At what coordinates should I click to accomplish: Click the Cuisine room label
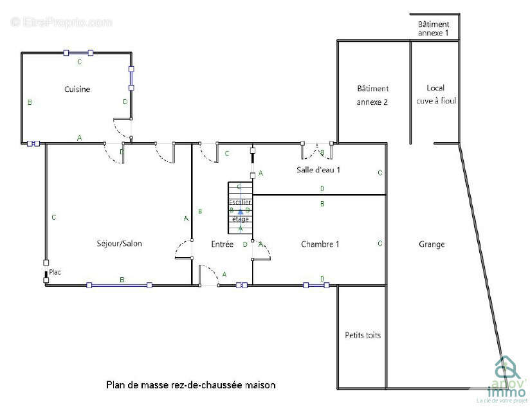tap(77, 89)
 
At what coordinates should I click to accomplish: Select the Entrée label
tap(223, 244)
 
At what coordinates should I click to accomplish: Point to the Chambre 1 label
tap(320, 244)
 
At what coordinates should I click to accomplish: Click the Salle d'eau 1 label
tap(318, 170)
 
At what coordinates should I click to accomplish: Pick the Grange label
tap(432, 244)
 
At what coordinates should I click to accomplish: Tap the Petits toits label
tap(362, 335)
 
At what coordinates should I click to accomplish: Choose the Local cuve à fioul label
tap(435, 94)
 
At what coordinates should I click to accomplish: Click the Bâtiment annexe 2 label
tap(372, 95)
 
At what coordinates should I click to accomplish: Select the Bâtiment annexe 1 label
tap(434, 28)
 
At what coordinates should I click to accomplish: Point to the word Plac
tap(55, 273)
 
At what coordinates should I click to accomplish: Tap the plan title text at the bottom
tap(190, 385)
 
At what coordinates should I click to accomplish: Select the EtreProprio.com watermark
tap(61, 23)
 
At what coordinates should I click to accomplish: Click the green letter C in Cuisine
tap(79, 62)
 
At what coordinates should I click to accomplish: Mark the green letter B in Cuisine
tap(30, 102)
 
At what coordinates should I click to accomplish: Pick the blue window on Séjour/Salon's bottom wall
tap(119, 285)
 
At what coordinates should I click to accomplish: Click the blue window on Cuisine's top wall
tap(78, 53)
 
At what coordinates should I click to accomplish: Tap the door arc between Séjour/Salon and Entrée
tap(183, 249)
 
